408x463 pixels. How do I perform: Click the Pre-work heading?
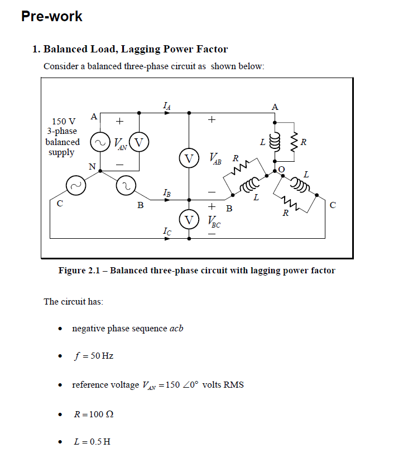coord(51,17)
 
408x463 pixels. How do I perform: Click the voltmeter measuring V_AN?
coord(139,143)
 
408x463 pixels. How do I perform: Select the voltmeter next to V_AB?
coord(189,158)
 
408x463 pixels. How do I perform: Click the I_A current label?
coord(167,104)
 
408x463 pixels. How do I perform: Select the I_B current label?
coord(167,192)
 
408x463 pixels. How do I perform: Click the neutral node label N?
coord(92,166)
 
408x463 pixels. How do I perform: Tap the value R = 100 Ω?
coord(94,414)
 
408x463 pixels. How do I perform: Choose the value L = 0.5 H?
coord(92,442)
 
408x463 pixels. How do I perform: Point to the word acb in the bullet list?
coord(176,328)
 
